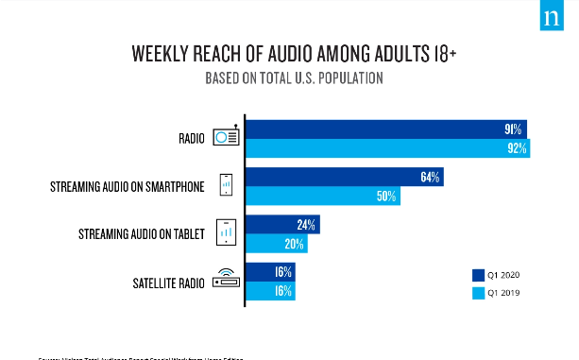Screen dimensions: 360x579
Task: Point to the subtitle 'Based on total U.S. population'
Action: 294,78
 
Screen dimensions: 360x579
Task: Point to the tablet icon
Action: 226,232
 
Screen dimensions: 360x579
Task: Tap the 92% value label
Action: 517,148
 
